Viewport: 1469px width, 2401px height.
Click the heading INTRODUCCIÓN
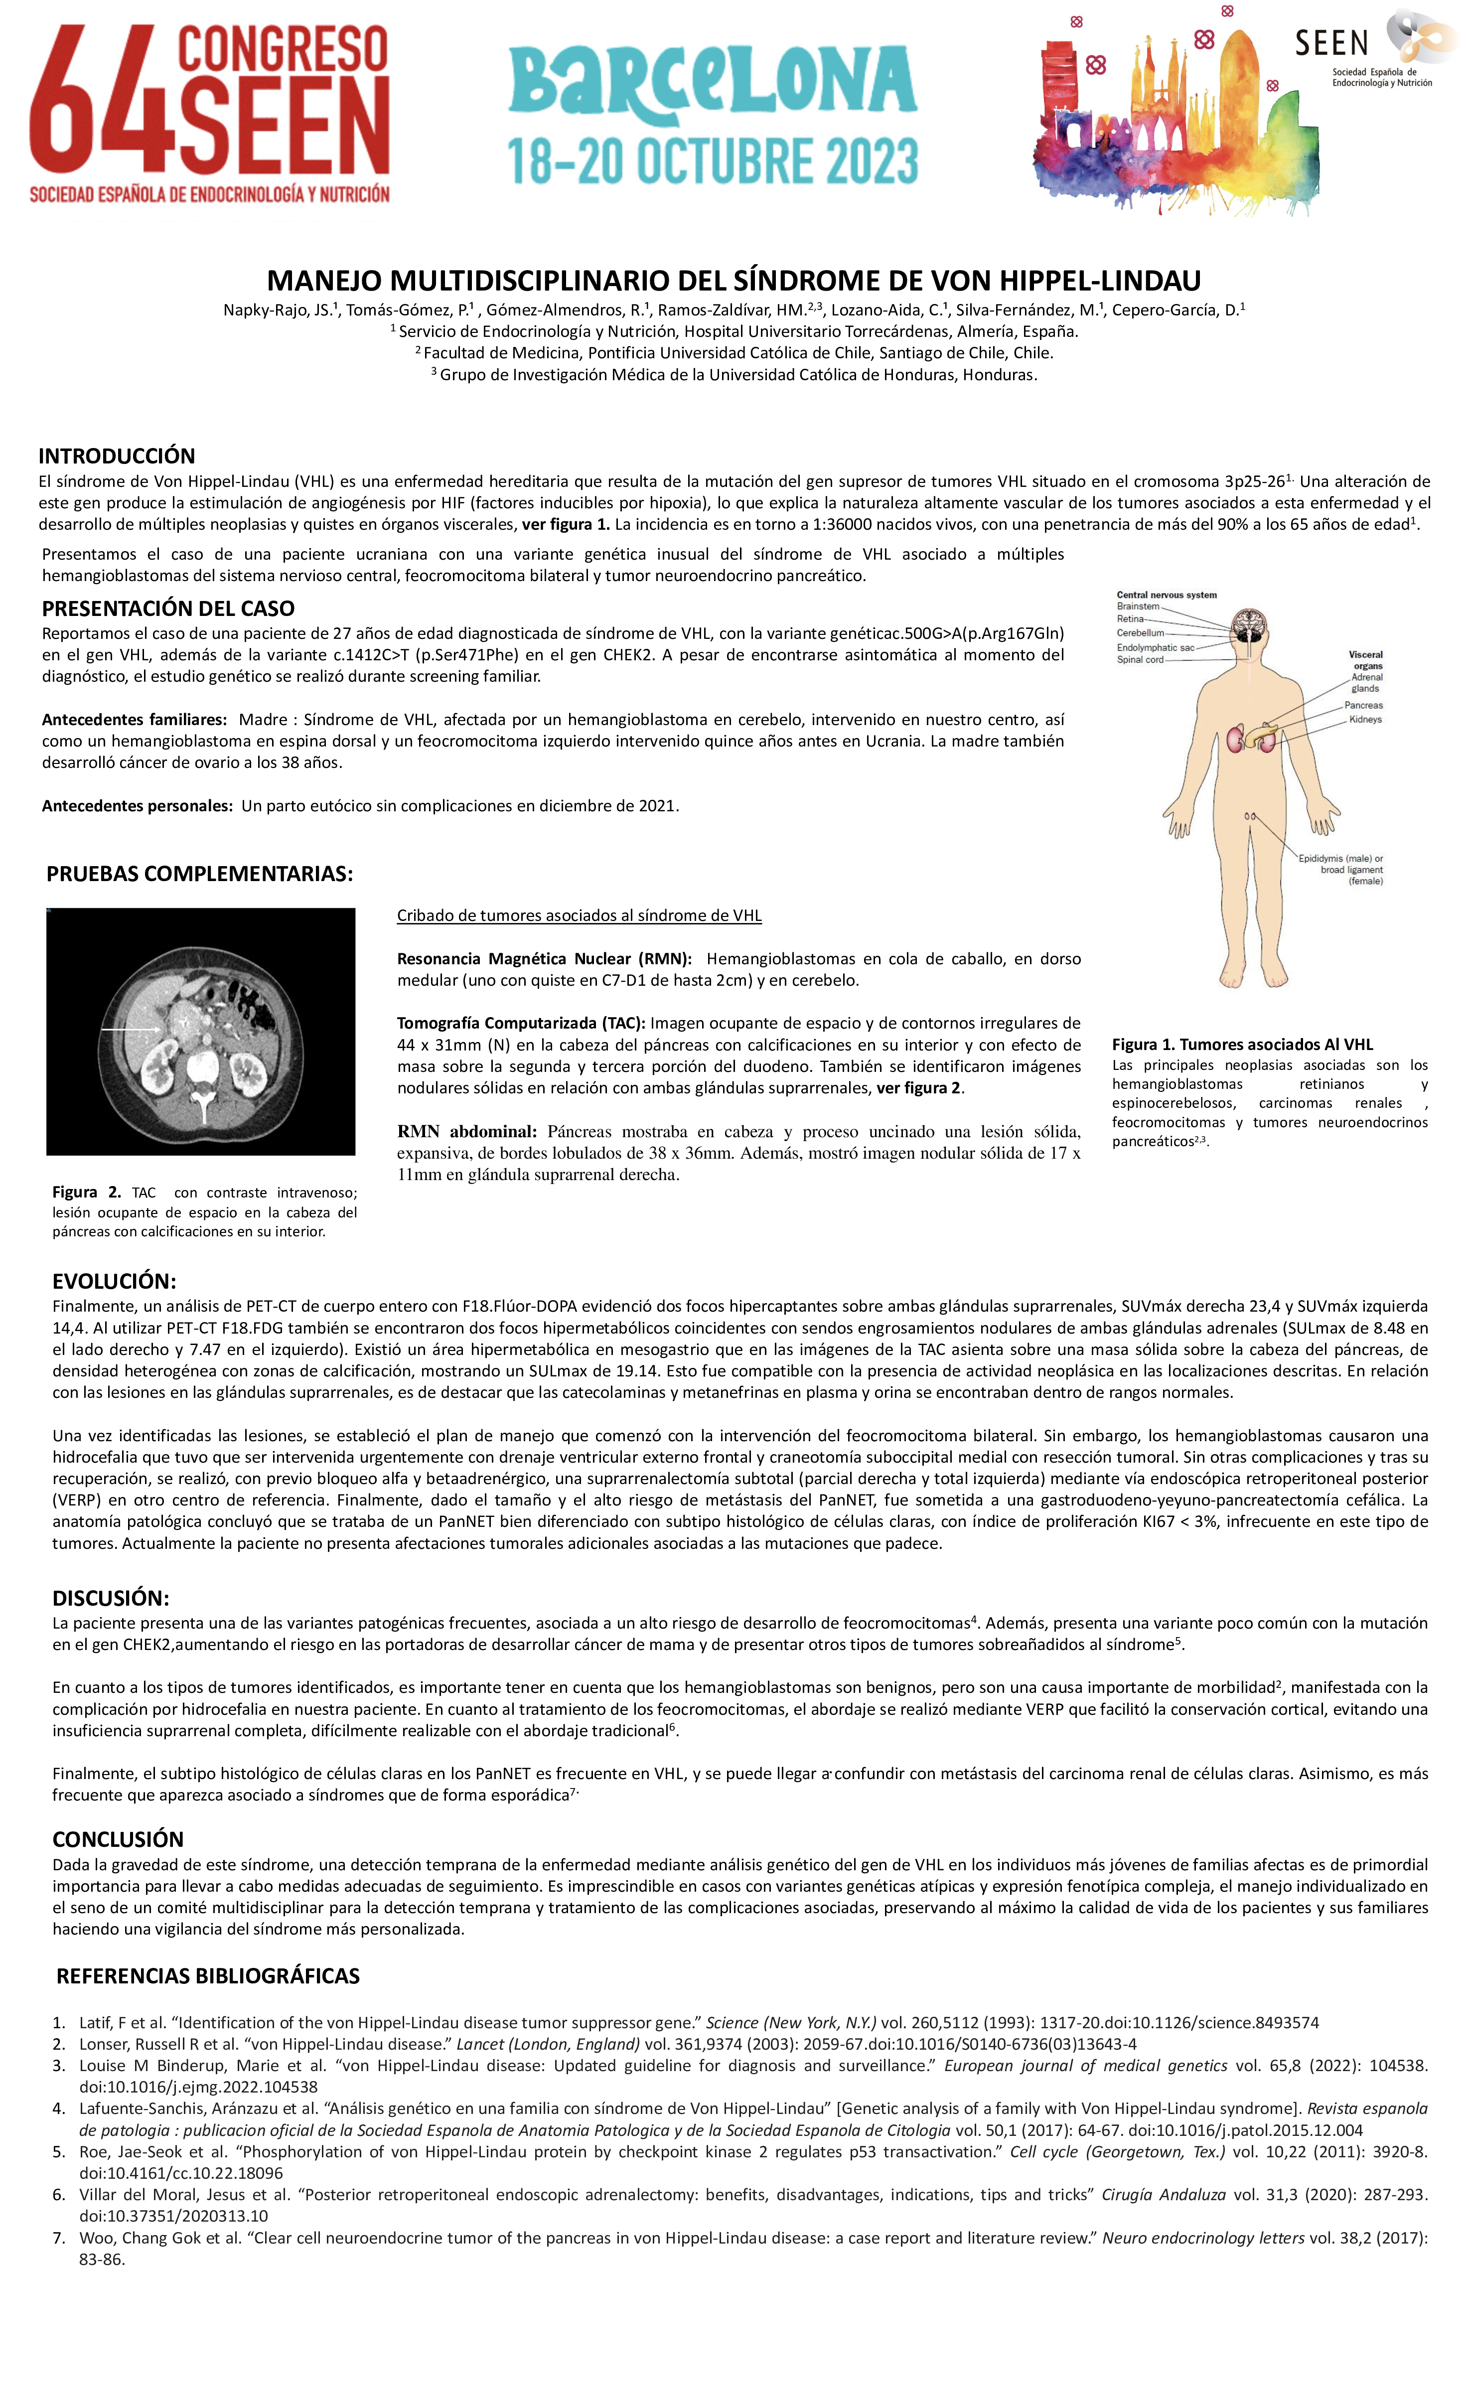coord(117,456)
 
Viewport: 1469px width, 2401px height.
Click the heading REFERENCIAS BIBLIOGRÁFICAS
coord(207,1976)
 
